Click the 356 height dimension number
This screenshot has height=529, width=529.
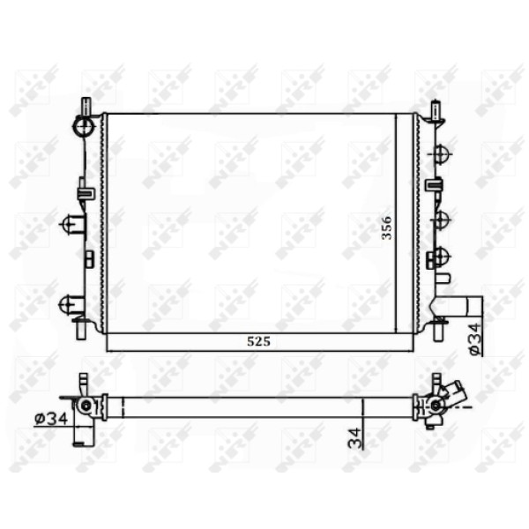(x=385, y=228)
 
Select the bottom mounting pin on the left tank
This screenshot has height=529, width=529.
(x=82, y=329)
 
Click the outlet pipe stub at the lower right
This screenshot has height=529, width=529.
(x=465, y=305)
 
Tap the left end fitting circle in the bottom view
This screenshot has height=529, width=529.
(x=86, y=406)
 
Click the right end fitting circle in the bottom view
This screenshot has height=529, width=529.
(x=435, y=406)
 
